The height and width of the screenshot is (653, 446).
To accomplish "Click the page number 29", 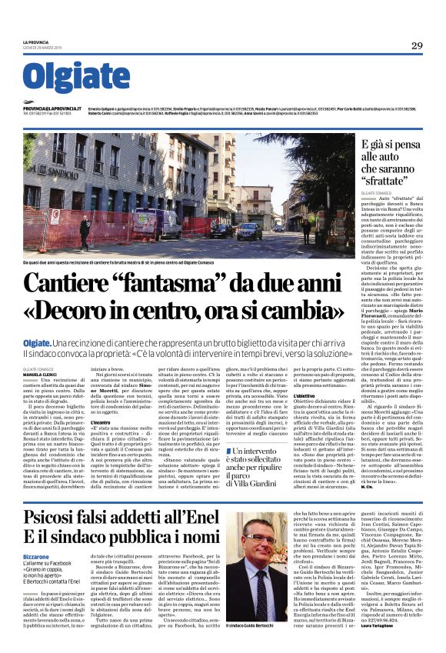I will pos(416,46).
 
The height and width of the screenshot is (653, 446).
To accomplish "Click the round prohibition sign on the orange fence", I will pos(55,215).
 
